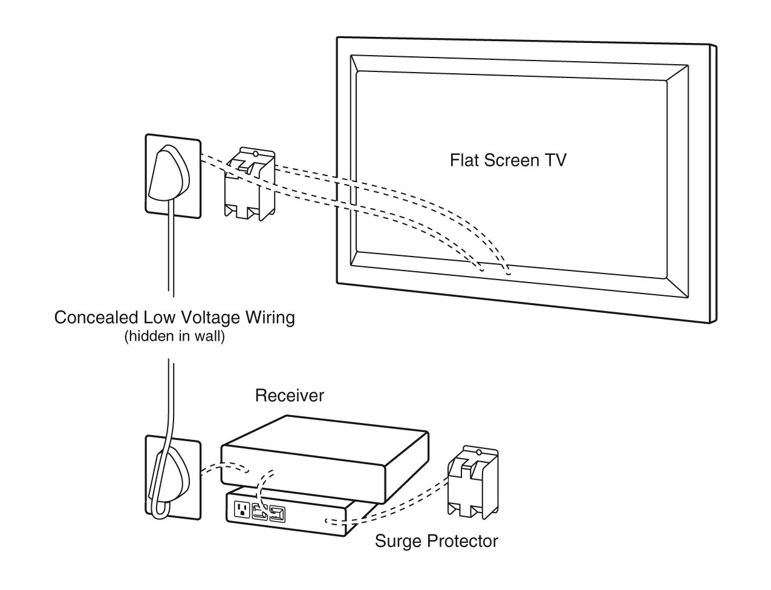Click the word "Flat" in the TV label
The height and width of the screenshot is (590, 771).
pyautogui.click(x=464, y=160)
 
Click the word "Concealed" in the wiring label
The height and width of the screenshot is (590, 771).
pyautogui.click(x=96, y=317)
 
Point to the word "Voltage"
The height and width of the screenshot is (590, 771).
pyautogui.click(x=209, y=317)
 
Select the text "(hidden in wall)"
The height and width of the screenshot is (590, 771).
pyautogui.click(x=175, y=336)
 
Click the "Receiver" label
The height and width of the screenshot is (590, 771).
pyautogui.click(x=290, y=395)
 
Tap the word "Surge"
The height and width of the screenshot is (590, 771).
pyautogui.click(x=399, y=542)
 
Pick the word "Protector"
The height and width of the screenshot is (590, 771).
pyautogui.click(x=462, y=541)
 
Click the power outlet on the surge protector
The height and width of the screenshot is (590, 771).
pyautogui.click(x=242, y=509)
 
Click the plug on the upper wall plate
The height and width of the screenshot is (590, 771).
pyautogui.click(x=169, y=173)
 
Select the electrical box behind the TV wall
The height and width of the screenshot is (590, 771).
pyautogui.click(x=250, y=184)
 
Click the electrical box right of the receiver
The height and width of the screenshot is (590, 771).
pyautogui.click(x=473, y=482)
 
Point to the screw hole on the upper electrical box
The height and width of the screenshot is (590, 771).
pyautogui.click(x=256, y=154)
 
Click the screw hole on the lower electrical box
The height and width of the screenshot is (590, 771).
pyautogui.click(x=479, y=452)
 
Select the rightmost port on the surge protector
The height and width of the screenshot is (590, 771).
pyautogui.click(x=278, y=514)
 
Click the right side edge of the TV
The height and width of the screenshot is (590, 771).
pyautogui.click(x=713, y=183)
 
